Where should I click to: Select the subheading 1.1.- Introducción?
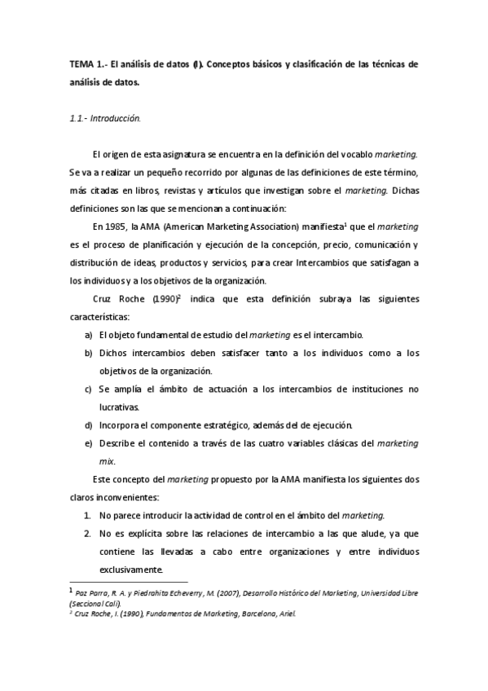pyautogui.click(x=105, y=118)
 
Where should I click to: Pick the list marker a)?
pyautogui.click(x=88, y=335)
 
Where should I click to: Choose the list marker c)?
pyautogui.click(x=88, y=390)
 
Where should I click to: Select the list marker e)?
pyautogui.click(x=88, y=443)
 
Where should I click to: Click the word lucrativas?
pyautogui.click(x=119, y=407)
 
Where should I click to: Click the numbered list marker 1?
pyautogui.click(x=88, y=515)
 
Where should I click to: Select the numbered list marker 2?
pyautogui.click(x=88, y=534)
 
